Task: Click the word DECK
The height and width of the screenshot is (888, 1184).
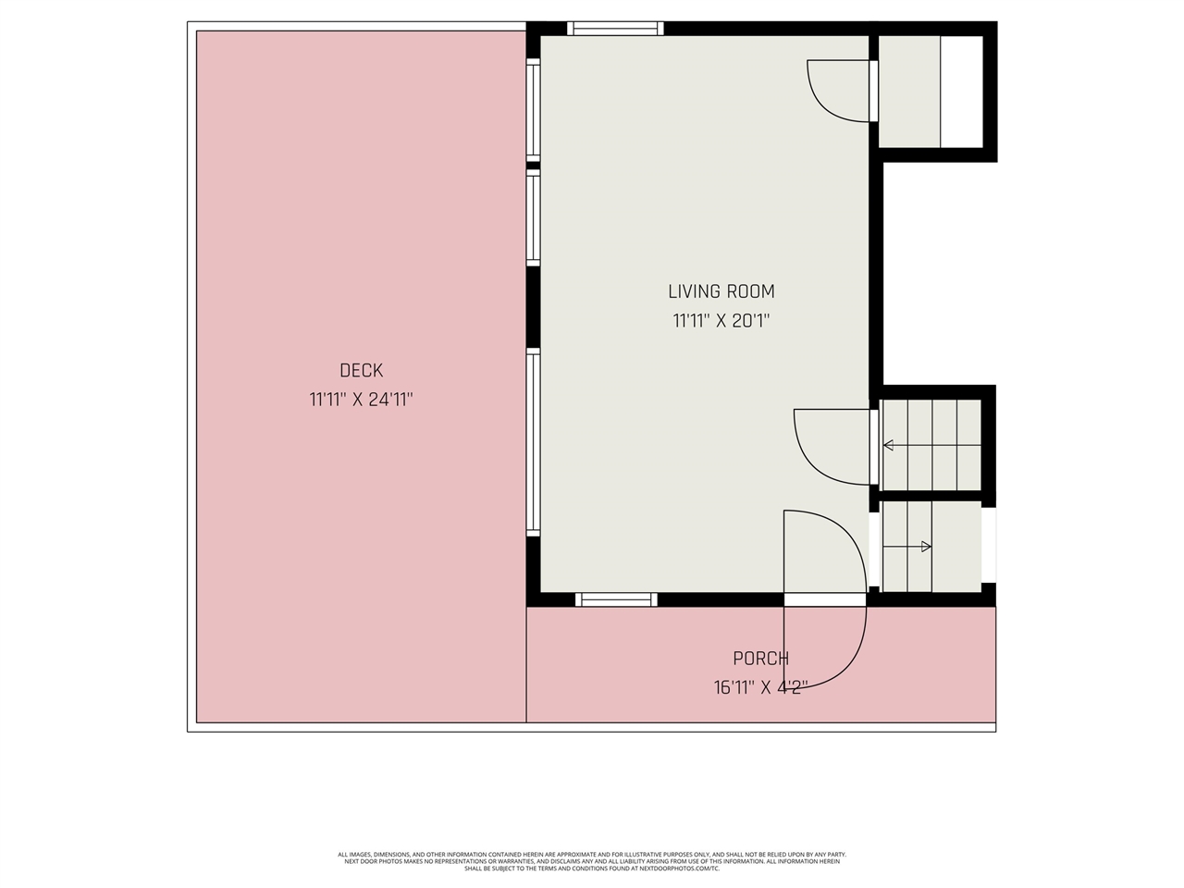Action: [x=361, y=371]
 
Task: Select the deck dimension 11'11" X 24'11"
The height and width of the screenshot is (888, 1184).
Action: [x=361, y=401]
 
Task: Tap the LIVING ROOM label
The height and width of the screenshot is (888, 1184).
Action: [x=721, y=291]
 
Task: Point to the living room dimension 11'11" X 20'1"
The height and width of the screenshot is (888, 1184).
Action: [x=721, y=322]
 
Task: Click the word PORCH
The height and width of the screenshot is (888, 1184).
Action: [x=760, y=659]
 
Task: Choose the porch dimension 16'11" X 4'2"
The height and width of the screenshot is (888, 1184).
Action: [x=760, y=687]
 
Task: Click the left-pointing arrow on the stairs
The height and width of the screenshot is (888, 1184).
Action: [x=889, y=446]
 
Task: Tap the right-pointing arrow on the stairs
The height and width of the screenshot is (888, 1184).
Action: [x=926, y=547]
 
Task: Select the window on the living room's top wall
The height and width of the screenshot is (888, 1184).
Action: [x=615, y=29]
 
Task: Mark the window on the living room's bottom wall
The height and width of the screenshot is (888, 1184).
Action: [x=616, y=599]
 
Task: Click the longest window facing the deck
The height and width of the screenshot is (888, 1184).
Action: [x=533, y=442]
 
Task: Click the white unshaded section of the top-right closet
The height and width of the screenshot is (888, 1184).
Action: [x=961, y=92]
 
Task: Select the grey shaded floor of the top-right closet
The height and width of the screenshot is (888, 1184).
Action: [x=908, y=92]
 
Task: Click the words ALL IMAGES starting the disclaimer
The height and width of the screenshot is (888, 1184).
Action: [x=356, y=855]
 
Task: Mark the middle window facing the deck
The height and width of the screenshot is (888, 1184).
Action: [x=533, y=219]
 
